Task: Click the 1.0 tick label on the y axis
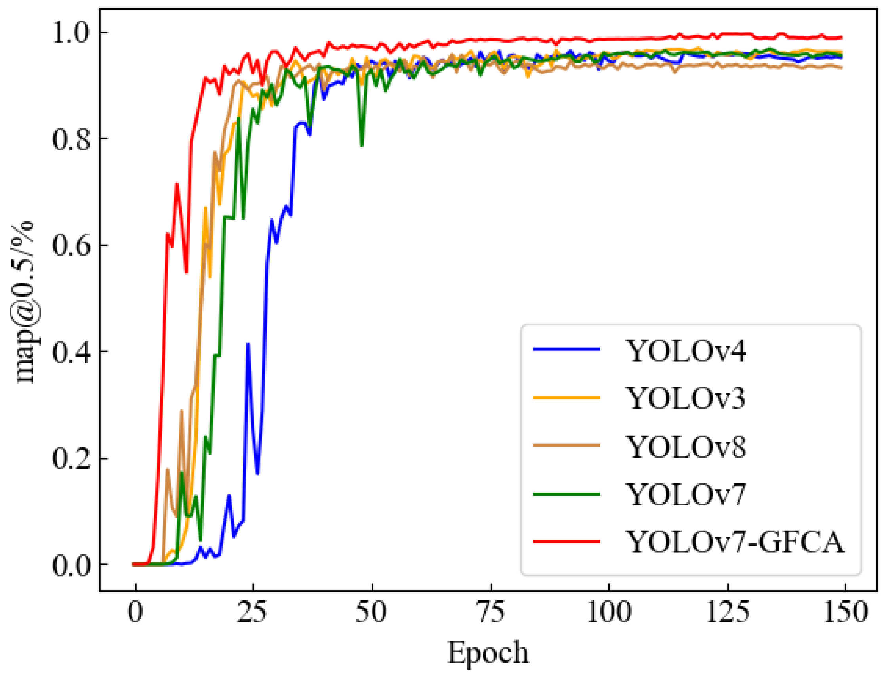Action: pos(70,32)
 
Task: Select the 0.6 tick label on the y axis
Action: pos(70,245)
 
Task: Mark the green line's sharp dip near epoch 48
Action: pos(362,145)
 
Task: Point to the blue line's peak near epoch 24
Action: pos(248,344)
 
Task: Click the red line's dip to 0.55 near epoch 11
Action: pos(186,272)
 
